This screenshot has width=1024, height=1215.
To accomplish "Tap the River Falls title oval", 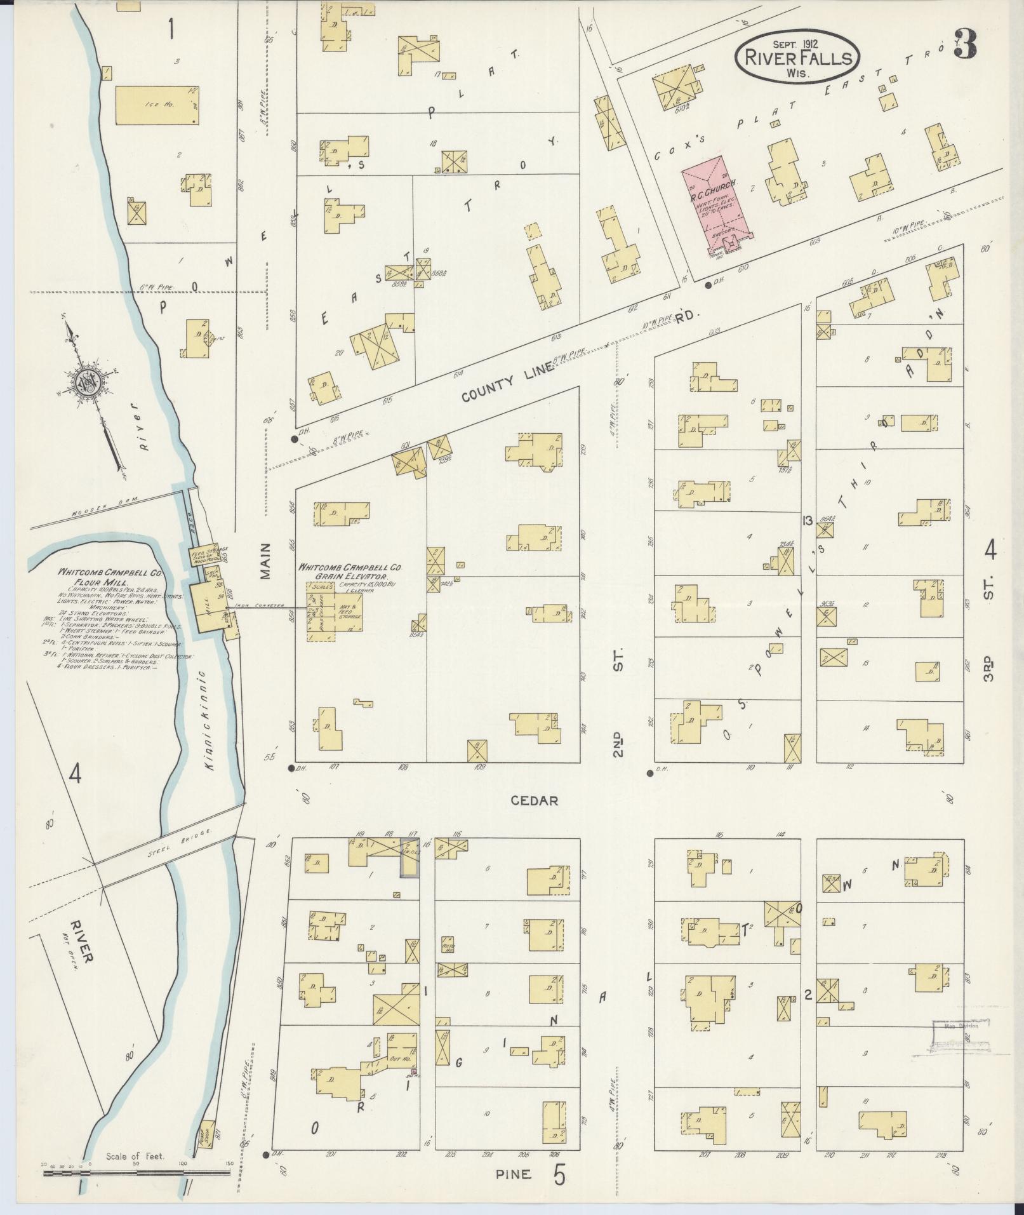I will coord(797,58).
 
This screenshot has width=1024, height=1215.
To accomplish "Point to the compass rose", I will coord(84,384).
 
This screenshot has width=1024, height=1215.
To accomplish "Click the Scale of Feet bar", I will coord(136,1173).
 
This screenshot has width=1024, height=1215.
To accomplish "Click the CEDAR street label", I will coord(535,801).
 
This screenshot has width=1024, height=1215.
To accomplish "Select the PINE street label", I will coord(514,1174).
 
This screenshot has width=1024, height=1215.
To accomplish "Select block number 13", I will coord(807,521).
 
